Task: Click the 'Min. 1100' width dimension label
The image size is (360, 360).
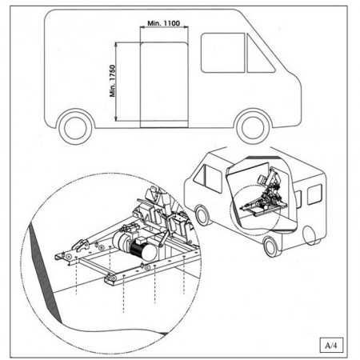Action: tap(163, 23)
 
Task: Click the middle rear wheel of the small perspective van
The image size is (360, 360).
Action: tap(270, 247)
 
